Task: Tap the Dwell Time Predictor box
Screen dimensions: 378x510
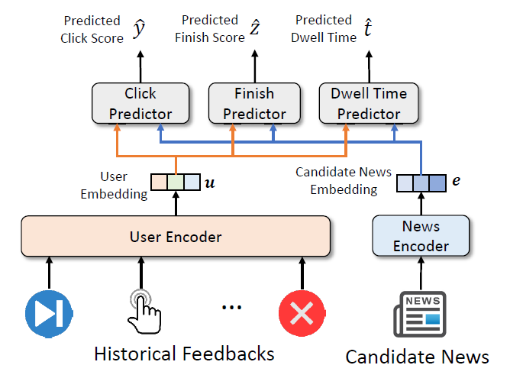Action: point(369,104)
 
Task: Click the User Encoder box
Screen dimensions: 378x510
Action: point(175,237)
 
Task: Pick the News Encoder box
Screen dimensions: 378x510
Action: point(421,237)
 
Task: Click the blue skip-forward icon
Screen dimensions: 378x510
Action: point(49,312)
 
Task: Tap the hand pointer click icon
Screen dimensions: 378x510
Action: point(143,310)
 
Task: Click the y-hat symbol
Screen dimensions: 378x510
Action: point(140,30)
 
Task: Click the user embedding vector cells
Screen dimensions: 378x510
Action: point(176,183)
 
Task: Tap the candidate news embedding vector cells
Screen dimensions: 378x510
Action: point(421,183)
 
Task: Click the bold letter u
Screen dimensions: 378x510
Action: point(211,183)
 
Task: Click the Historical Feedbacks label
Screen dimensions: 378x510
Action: point(183,354)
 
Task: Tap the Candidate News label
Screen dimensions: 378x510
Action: point(418,357)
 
